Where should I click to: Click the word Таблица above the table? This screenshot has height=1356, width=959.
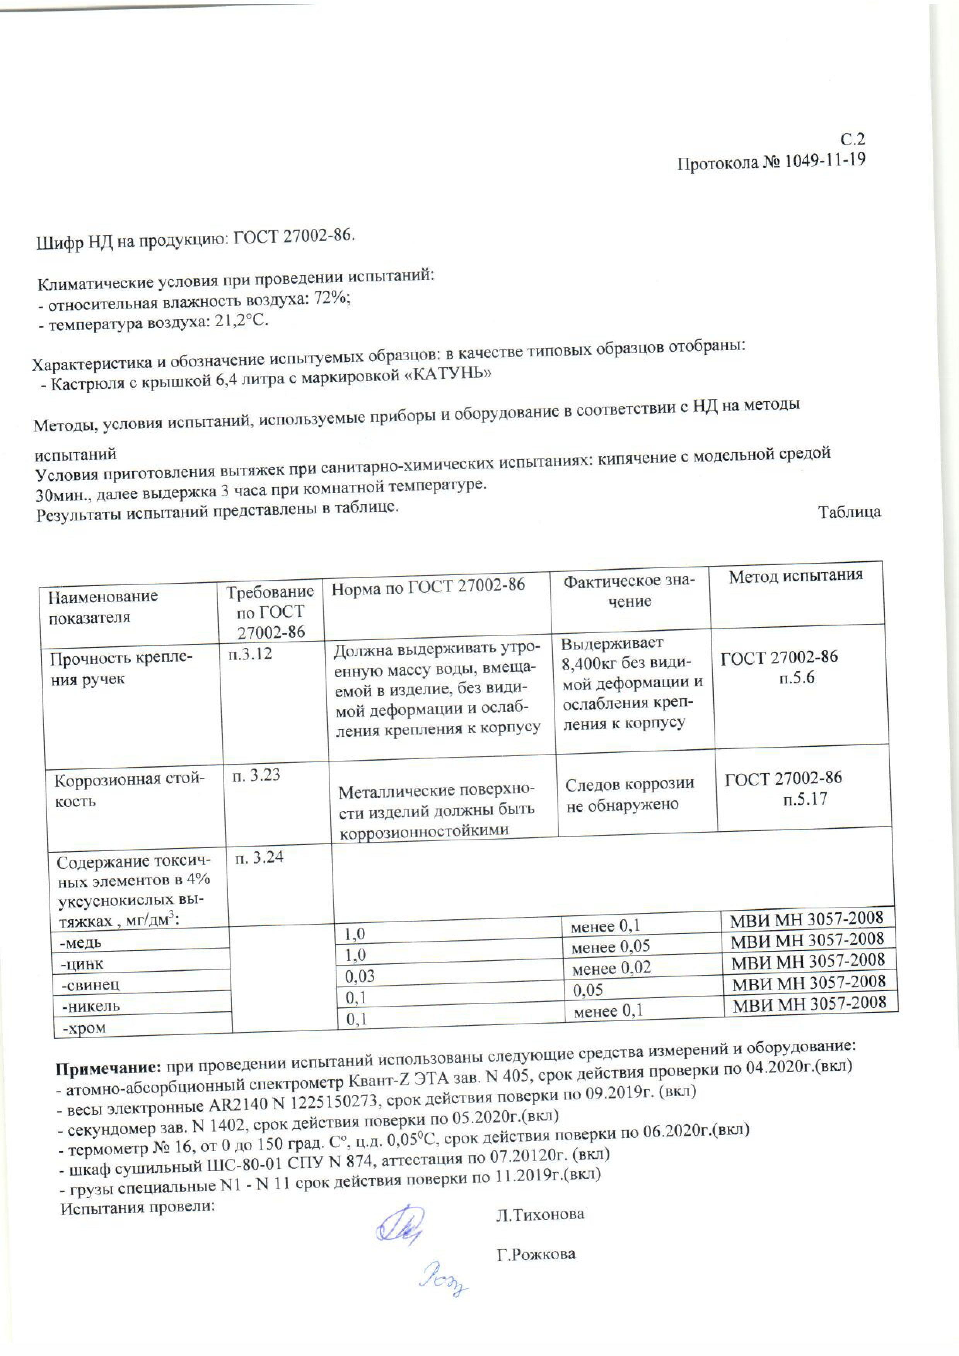849,511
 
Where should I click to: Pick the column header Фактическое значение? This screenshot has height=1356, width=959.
629,591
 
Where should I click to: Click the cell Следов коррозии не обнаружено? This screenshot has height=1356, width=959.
629,794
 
